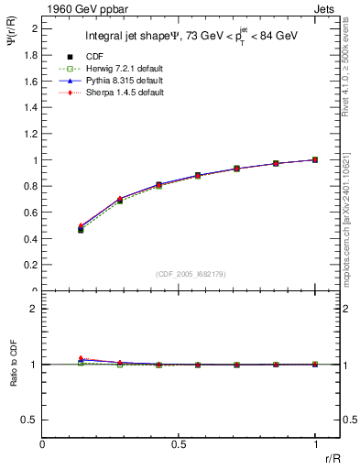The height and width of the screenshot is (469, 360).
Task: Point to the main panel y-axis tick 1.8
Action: [x=31, y=55]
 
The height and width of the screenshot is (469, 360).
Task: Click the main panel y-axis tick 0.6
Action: [x=31, y=213]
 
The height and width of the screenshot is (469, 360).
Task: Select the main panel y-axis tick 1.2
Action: [x=31, y=134]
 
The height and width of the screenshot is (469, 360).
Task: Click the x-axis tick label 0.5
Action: [x=179, y=443]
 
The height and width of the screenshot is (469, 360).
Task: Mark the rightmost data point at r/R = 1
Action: [x=315, y=159]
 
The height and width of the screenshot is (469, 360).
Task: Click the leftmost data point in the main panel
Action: [x=81, y=229]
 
